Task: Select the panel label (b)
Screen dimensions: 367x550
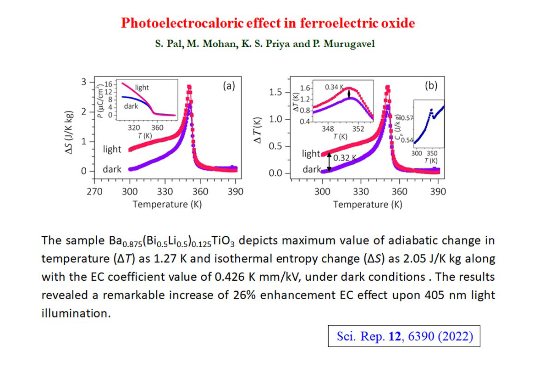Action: [x=431, y=85]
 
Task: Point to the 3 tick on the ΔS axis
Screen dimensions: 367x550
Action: [x=83, y=82]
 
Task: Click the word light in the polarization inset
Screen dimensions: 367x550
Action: [x=142, y=88]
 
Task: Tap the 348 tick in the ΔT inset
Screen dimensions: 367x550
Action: [x=328, y=129]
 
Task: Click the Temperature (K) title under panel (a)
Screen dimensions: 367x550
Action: [x=167, y=204]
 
